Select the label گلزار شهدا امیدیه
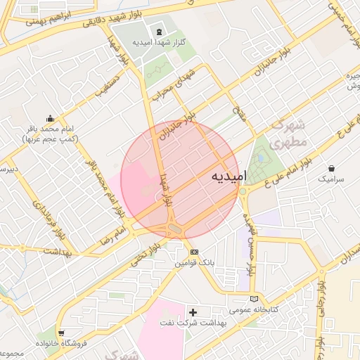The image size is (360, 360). [159, 43]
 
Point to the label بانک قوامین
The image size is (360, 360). [195, 262]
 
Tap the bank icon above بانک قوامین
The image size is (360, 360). [195, 252]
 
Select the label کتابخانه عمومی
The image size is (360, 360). [255, 309]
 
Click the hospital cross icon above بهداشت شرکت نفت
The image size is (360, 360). [194, 311]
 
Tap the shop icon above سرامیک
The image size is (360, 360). [332, 169]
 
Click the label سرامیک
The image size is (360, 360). [332, 180]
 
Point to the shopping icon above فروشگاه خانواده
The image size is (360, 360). [62, 332]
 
